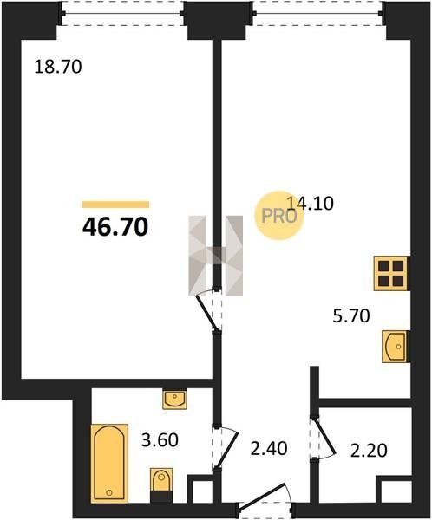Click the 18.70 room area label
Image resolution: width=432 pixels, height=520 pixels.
(58, 67)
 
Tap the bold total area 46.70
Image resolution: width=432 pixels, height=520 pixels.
(115, 227)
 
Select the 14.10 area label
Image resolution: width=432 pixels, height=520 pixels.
(310, 204)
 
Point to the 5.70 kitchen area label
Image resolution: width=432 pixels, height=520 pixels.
(351, 315)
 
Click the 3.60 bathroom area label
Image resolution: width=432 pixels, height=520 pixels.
(160, 440)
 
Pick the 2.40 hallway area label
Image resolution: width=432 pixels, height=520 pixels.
(269, 448)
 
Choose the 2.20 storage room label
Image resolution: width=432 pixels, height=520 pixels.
(369, 451)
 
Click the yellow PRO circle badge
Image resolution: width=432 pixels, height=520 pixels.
(279, 216)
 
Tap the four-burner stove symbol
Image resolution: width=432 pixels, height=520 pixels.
(391, 273)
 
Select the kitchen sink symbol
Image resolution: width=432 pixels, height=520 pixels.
(396, 347)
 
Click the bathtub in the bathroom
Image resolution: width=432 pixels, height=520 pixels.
(109, 464)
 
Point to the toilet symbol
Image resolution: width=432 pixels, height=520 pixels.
(161, 484)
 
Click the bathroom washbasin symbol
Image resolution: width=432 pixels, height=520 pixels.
(174, 400)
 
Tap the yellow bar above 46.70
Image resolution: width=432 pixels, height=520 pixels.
(116, 205)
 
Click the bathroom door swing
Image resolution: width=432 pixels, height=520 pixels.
(226, 447)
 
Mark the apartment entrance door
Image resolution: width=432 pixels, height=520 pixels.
(265, 500)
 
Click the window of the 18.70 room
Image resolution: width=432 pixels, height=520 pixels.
(122, 13)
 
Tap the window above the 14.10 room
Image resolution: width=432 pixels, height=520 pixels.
(318, 13)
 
